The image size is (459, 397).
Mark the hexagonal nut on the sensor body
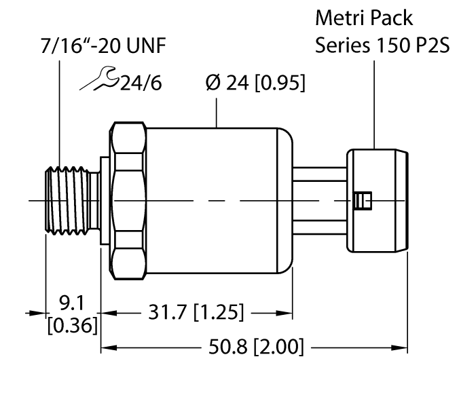pos(128,200)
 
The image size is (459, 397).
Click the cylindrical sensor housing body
pos(217,200)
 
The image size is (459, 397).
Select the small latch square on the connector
pos(363,200)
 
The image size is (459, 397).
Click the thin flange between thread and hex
pos(105,200)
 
